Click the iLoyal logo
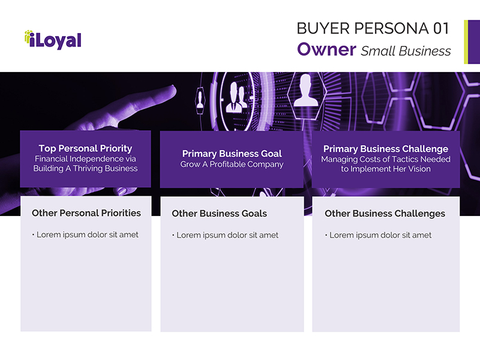point(53,40)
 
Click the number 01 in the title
point(441,28)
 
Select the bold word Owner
point(326,49)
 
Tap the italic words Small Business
point(406,51)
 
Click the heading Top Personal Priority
point(85,148)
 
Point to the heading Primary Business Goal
point(232,154)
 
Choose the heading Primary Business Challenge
point(386,149)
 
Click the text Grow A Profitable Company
point(232,164)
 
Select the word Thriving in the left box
point(88,169)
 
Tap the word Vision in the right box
point(419,169)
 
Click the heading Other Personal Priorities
point(86,213)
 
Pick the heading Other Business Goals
point(219,214)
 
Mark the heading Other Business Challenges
point(385,214)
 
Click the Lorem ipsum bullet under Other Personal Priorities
point(85,235)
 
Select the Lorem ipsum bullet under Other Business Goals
point(226,235)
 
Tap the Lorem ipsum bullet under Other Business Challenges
point(378,235)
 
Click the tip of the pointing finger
point(174,89)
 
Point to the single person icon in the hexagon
point(306,91)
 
